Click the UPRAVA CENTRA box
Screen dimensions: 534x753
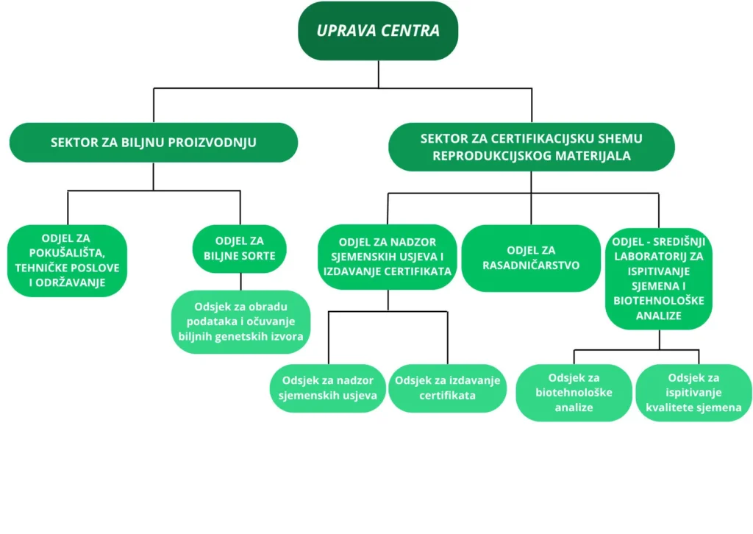coord(378,31)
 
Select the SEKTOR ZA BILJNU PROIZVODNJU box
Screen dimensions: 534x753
coord(153,142)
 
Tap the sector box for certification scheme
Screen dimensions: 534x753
coord(531,147)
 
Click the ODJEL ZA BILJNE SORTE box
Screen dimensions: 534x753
coord(240,249)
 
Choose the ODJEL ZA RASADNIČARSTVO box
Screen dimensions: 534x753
coord(531,257)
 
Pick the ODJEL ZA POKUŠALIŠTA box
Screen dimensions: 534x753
coord(68,260)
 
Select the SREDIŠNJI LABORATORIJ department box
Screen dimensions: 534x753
coord(659,278)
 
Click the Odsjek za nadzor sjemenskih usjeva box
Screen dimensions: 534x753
coord(328,388)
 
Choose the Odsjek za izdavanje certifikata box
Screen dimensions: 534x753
coord(447,388)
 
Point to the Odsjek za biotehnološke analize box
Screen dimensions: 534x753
coord(574,392)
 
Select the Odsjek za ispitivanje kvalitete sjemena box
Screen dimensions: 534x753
coord(693,393)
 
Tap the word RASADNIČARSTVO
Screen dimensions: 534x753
coord(531,265)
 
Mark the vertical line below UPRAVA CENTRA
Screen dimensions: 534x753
coord(378,74)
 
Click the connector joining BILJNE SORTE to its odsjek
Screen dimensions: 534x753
coord(240,282)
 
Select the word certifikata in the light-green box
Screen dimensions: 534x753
coord(447,395)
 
